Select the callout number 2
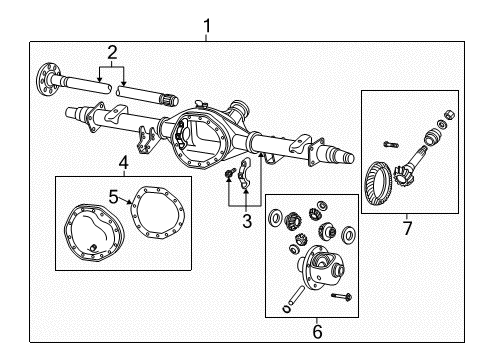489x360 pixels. (112, 52)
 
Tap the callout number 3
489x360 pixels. (246, 221)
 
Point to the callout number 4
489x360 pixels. (123, 162)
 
